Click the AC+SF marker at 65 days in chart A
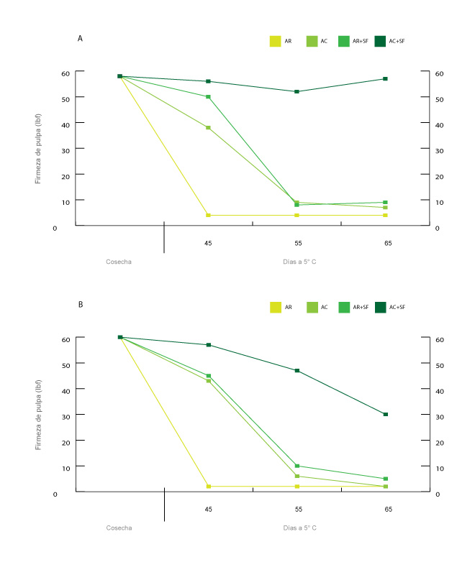386,78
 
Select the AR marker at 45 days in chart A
208,215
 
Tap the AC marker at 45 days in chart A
208,127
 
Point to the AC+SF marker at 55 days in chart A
297,91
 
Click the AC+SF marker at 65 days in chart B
386,414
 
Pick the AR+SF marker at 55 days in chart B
297,466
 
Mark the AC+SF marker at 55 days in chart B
297,370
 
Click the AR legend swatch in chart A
275,42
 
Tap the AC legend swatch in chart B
312,307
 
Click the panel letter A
80,38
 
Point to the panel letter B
80,304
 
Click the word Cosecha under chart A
119,262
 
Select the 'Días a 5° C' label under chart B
299,528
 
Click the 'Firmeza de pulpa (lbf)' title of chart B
38,415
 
